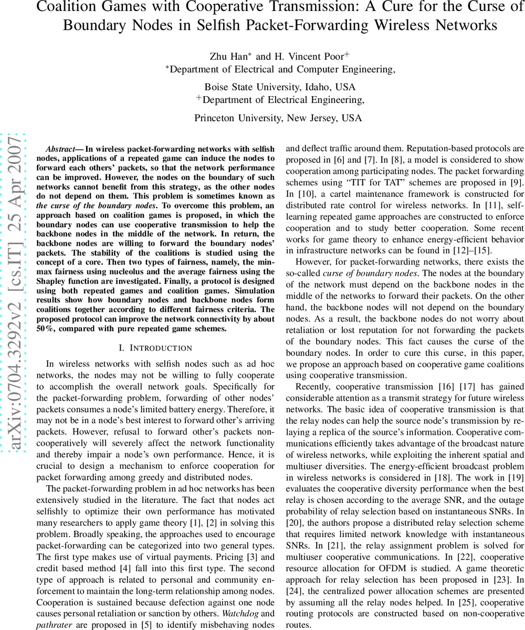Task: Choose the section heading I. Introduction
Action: (155, 348)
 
